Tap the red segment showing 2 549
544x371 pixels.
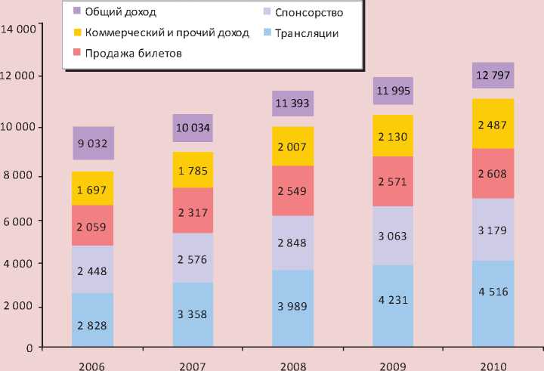click(x=292, y=190)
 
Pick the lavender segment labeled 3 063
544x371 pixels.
click(x=392, y=236)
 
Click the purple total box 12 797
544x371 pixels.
click(x=493, y=76)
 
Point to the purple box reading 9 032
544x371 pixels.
click(x=93, y=144)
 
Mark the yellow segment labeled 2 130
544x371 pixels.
click(x=392, y=136)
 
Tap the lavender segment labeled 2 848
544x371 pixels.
click(x=292, y=243)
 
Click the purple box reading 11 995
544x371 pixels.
click(x=392, y=91)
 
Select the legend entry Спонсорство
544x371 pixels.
click(x=309, y=13)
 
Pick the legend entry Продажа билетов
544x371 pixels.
click(x=133, y=54)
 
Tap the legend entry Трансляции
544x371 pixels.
click(x=307, y=33)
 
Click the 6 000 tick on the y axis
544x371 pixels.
click(x=21, y=221)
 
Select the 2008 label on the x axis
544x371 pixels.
click(x=292, y=365)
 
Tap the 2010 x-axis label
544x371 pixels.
click(x=493, y=365)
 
